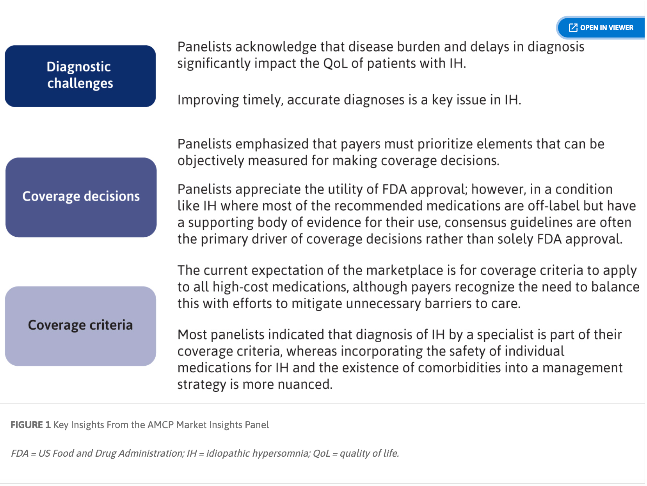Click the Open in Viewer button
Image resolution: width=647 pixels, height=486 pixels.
coord(601,28)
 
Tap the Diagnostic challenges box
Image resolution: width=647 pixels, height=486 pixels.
coord(80,76)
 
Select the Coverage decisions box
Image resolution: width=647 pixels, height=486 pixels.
coord(81,197)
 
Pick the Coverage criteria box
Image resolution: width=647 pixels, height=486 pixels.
coord(80,326)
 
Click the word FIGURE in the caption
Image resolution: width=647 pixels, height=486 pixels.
coord(27,425)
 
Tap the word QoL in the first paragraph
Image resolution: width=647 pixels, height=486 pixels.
coord(335,63)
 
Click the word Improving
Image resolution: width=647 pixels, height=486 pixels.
coord(208,100)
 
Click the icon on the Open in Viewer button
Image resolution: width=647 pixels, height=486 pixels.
coord(573,28)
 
